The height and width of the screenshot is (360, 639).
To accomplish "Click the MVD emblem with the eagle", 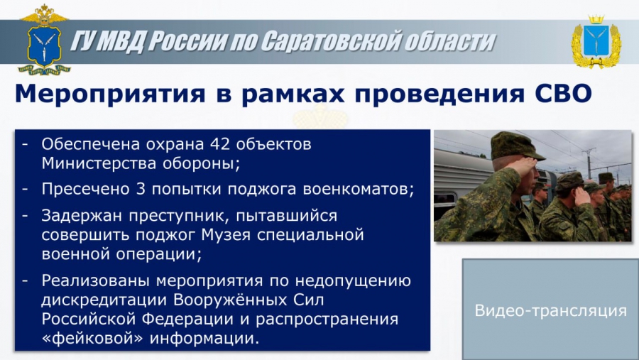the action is (x=44, y=40).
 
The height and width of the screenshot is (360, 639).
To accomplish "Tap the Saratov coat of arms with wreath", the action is (x=596, y=42).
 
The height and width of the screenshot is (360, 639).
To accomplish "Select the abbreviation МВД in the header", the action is (x=121, y=42).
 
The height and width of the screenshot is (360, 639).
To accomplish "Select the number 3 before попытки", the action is (x=141, y=189).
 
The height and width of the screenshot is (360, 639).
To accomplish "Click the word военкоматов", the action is (x=359, y=190).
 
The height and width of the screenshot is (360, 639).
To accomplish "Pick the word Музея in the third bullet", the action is (x=226, y=235).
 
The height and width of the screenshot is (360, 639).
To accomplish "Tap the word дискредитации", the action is (x=104, y=300).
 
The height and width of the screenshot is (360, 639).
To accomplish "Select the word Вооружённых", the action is (x=231, y=300).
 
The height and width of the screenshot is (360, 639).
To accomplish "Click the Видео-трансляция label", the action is (x=551, y=311).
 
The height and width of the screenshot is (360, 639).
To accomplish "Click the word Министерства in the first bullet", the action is (x=98, y=163).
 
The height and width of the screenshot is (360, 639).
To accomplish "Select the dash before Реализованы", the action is (x=26, y=281).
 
